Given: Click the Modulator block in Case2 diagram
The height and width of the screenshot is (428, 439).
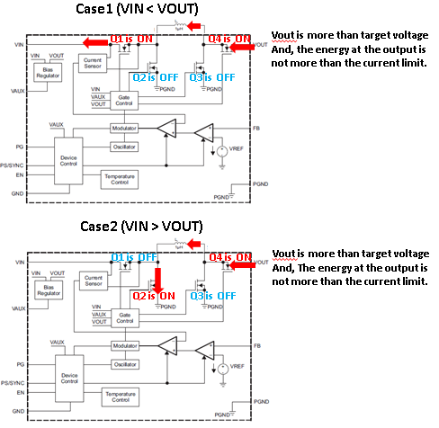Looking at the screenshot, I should [x=124, y=344].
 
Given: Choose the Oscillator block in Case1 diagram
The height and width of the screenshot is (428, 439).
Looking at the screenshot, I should [x=124, y=147].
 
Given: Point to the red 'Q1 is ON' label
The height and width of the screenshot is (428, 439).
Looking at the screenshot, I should [x=130, y=39].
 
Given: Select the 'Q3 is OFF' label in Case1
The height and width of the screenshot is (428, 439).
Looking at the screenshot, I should [x=212, y=77].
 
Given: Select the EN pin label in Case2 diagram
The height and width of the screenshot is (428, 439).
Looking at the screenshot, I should [x=18, y=392].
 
